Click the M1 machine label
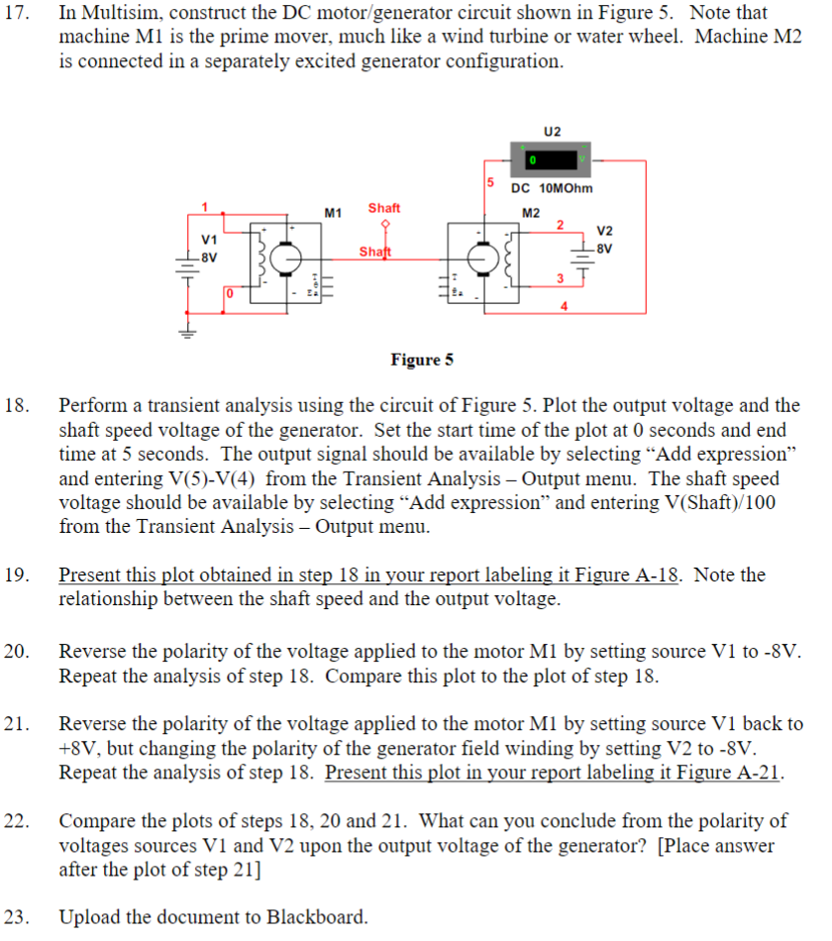(333, 212)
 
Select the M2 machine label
(531, 212)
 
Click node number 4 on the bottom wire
(564, 305)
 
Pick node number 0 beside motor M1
(227, 294)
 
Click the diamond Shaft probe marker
(384, 224)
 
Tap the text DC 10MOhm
(552, 189)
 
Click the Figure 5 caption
(422, 359)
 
